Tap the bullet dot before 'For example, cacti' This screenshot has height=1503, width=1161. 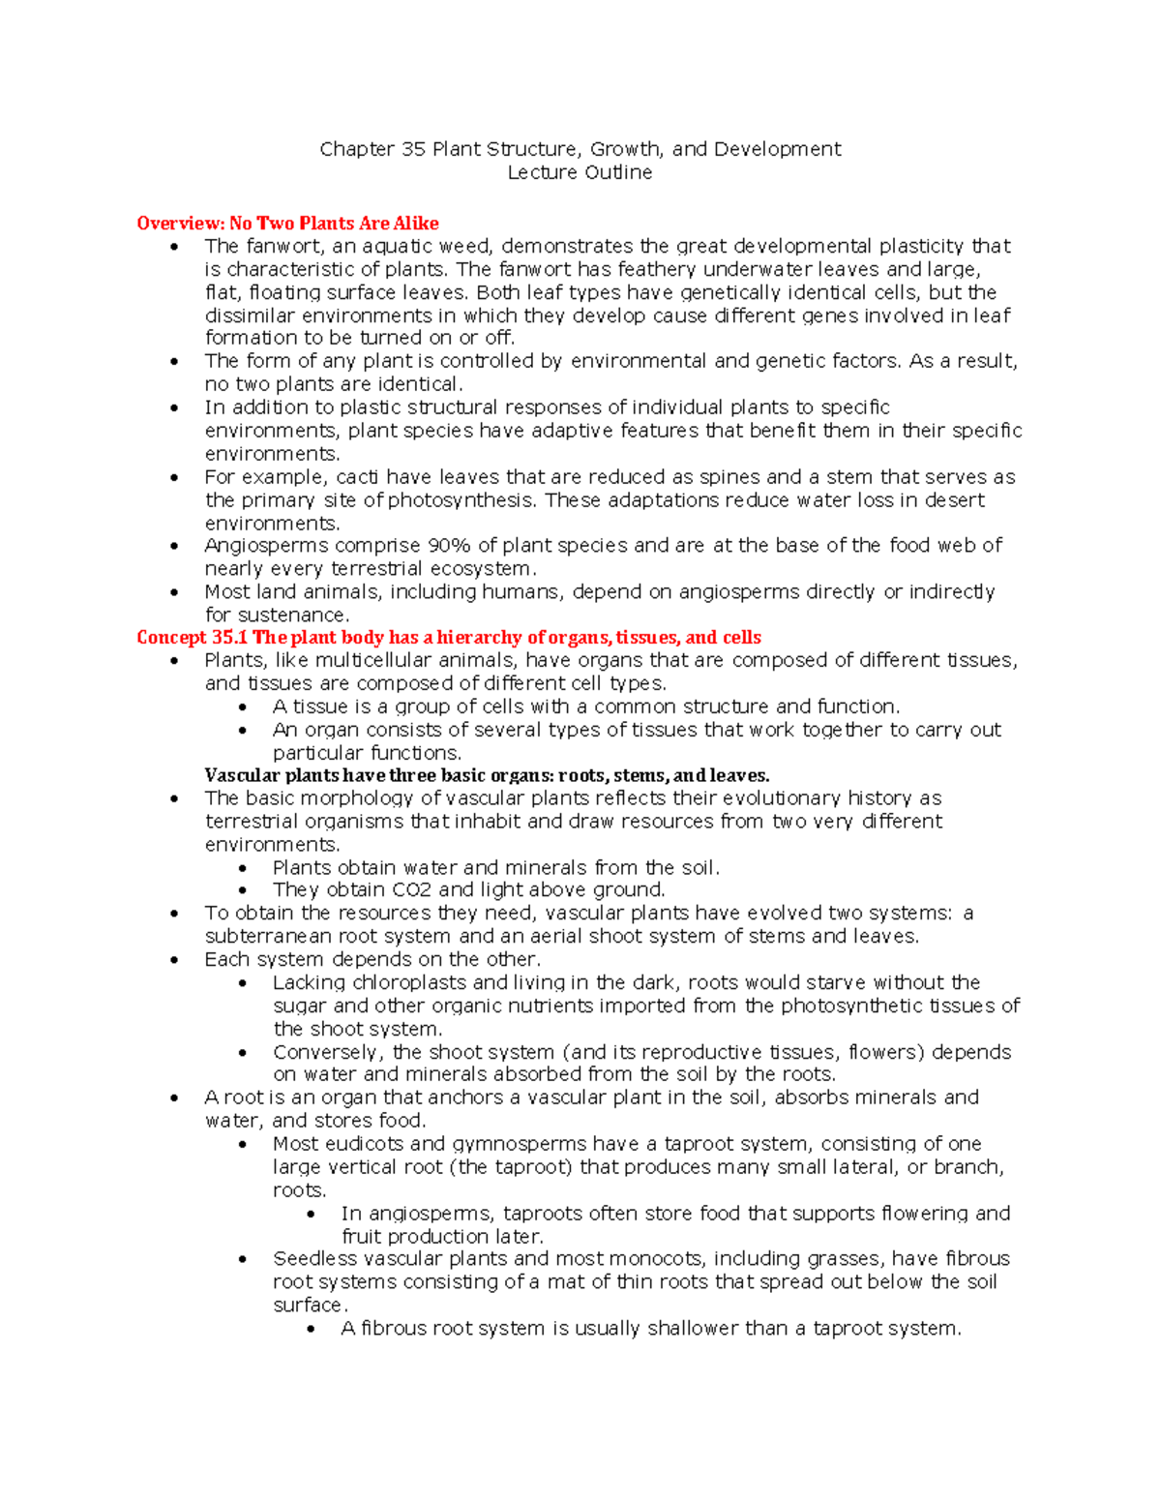174,478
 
